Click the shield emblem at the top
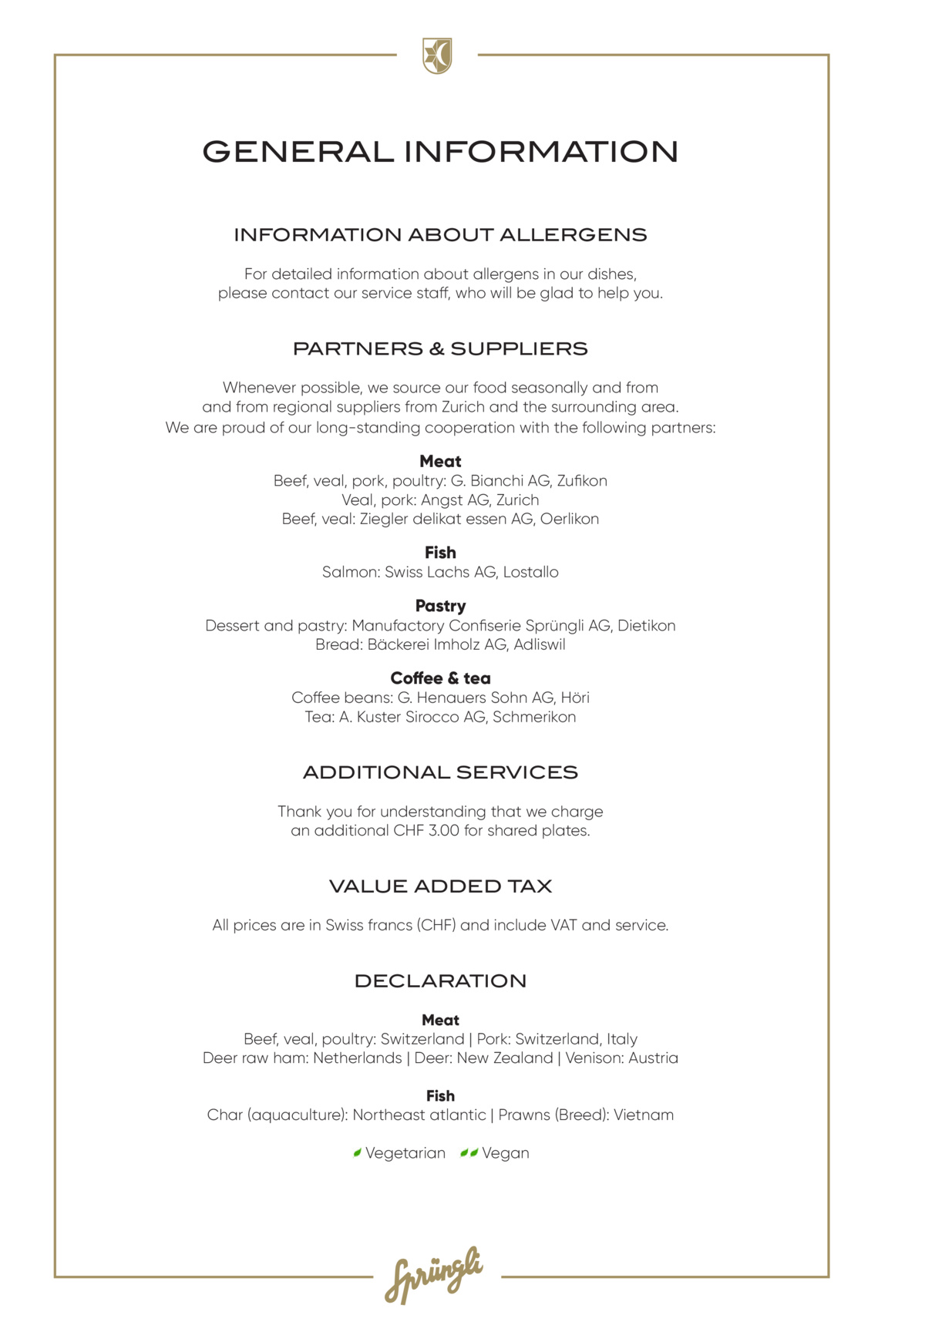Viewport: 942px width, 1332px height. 437,56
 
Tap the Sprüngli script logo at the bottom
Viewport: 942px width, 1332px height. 434,1275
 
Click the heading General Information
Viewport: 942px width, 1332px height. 440,152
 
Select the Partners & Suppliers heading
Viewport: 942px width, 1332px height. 440,348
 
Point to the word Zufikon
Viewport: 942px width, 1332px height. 582,481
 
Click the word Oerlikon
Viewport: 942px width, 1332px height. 570,519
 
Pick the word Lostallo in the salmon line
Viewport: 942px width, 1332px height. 531,572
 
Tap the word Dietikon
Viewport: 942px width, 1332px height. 646,625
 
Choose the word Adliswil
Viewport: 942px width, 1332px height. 540,644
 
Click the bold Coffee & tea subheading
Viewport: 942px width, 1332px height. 440,678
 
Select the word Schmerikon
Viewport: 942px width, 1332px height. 534,717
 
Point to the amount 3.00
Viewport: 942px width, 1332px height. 444,831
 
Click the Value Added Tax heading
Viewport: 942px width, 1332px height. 440,886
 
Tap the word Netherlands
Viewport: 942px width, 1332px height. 357,1058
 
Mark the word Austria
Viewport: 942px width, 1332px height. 653,1058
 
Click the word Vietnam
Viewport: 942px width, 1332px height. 644,1115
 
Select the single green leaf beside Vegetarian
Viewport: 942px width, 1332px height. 358,1153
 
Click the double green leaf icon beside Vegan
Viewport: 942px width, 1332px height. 469,1153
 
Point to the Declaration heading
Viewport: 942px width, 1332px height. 440,981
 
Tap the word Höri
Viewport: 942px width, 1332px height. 575,698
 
